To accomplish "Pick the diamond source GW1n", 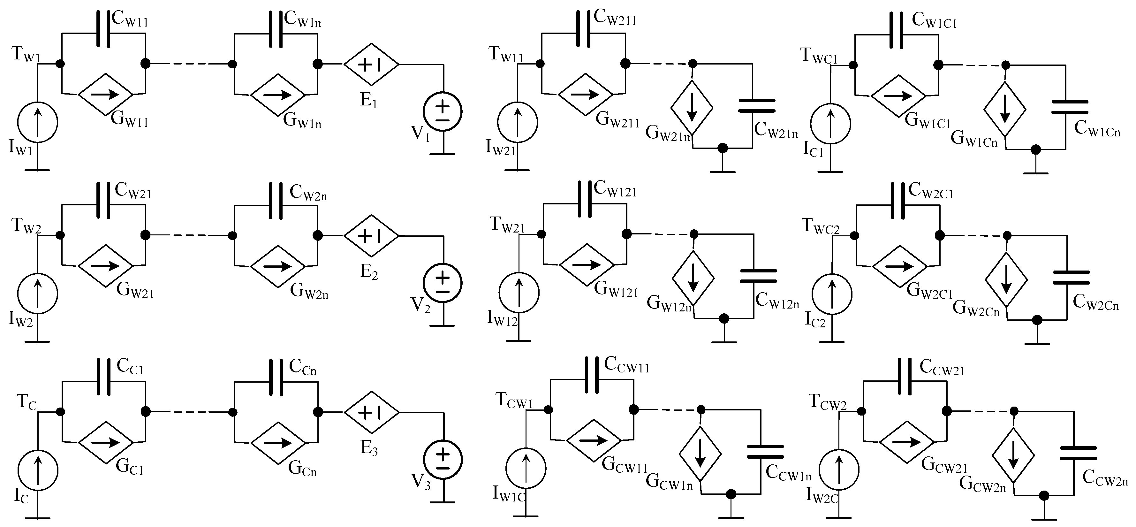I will click(x=277, y=94).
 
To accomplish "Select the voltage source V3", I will click(x=443, y=460).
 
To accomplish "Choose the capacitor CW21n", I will click(x=757, y=106).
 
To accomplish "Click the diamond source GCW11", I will click(x=593, y=440).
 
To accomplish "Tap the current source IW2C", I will click(x=839, y=470).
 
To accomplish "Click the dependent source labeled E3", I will click(x=371, y=412).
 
